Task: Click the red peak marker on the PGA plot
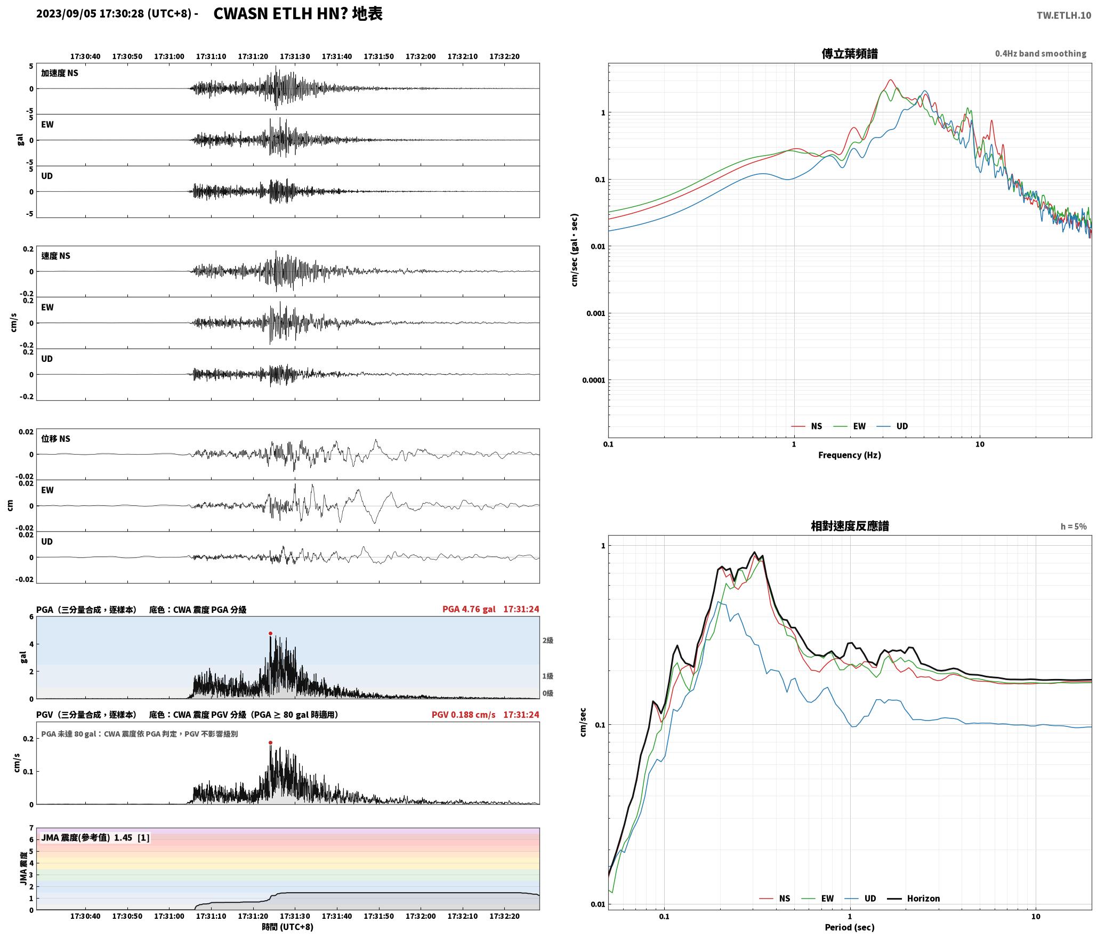pyautogui.click(x=270, y=633)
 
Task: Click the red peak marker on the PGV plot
pyautogui.click(x=270, y=742)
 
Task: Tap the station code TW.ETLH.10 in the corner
pyautogui.click(x=1063, y=15)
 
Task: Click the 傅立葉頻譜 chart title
pyautogui.click(x=850, y=53)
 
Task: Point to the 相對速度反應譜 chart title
pyautogui.click(x=850, y=525)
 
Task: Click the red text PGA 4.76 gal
pyautogui.click(x=469, y=609)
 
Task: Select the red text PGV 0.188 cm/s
pyautogui.click(x=463, y=714)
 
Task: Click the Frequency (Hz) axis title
pyautogui.click(x=850, y=455)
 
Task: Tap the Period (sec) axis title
pyautogui.click(x=850, y=927)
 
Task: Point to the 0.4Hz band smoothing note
pyautogui.click(x=1040, y=53)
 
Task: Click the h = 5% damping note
pyautogui.click(x=1073, y=526)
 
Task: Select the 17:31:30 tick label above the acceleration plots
pyautogui.click(x=295, y=56)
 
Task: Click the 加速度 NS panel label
pyautogui.click(x=60, y=73)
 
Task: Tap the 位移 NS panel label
pyautogui.click(x=56, y=439)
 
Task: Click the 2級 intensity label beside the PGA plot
pyautogui.click(x=547, y=640)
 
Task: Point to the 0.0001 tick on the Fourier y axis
pyautogui.click(x=594, y=380)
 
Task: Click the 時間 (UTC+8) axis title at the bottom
pyautogui.click(x=287, y=927)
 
